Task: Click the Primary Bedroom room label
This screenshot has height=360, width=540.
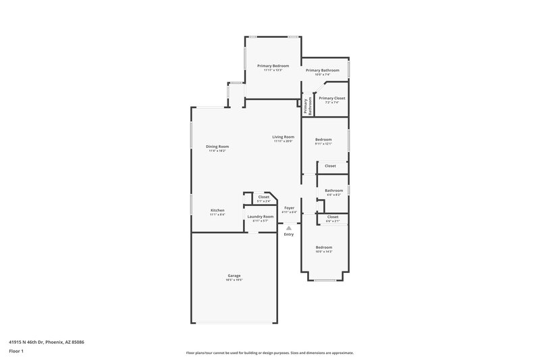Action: point(273,66)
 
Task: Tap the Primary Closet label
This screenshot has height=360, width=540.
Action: point(331,99)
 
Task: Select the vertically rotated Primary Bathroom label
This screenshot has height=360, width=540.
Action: point(306,106)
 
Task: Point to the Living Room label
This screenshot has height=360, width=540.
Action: point(283,137)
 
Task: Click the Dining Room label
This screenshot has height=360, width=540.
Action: point(217,147)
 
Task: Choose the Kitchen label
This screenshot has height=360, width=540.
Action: point(217,211)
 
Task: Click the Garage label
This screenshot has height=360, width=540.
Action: point(234,276)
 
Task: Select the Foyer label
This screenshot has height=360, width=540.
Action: point(289,208)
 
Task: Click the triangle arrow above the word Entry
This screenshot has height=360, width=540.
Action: point(289,228)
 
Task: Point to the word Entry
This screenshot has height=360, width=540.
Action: point(289,234)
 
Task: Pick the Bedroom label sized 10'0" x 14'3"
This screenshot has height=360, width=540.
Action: point(323,248)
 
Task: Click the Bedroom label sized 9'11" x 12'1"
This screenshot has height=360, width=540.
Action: point(323,140)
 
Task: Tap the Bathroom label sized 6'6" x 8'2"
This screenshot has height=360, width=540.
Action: point(333,191)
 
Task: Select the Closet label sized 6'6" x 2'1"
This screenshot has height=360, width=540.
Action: point(332,217)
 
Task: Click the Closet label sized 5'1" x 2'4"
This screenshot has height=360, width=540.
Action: point(263,197)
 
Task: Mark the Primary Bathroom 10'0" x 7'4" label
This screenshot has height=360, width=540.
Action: point(322,71)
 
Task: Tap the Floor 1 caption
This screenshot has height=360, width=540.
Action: point(16,352)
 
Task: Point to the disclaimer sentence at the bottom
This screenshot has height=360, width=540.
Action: point(269,353)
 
